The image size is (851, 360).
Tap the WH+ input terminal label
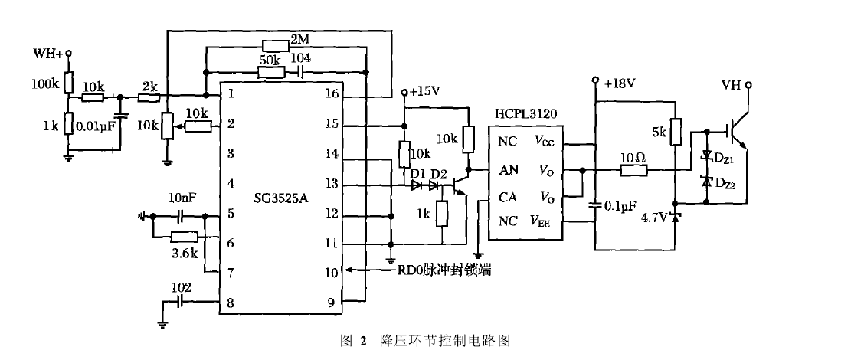[x=47, y=54]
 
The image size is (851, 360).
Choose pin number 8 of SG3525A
[x=229, y=303]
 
